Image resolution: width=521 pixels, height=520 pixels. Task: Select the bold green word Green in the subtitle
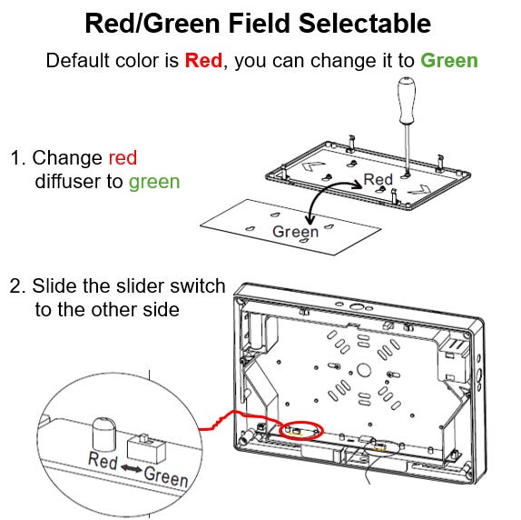[448, 61]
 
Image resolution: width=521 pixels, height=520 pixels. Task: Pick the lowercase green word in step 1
[154, 181]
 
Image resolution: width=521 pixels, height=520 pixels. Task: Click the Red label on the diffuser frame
[378, 179]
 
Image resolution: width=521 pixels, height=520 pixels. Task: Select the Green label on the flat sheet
[296, 232]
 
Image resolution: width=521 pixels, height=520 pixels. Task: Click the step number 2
[15, 286]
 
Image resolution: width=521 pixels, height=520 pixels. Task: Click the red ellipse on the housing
[300, 428]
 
